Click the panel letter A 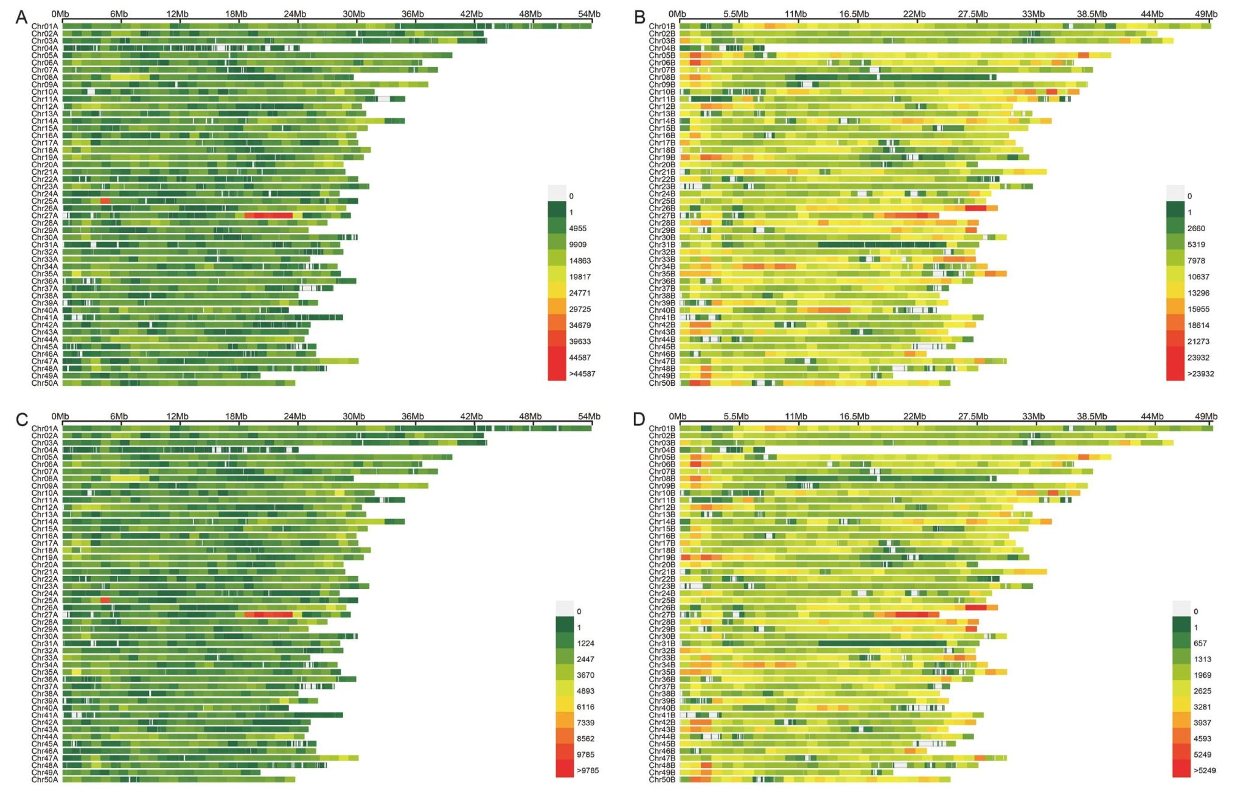21,17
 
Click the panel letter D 639,419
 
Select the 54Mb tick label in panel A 589,14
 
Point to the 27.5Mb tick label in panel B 973,14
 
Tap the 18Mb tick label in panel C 236,416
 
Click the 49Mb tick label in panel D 1206,416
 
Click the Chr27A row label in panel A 44,215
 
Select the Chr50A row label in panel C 44,779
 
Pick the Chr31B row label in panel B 662,245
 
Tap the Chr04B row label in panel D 662,450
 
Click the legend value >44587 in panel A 582,374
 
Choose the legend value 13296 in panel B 1199,293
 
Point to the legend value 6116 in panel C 586,707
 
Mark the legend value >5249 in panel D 1205,770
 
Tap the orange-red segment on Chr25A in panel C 105,601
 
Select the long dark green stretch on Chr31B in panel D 882,643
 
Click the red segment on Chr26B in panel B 975,208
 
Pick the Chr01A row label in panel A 44,26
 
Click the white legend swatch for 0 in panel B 1175,193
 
